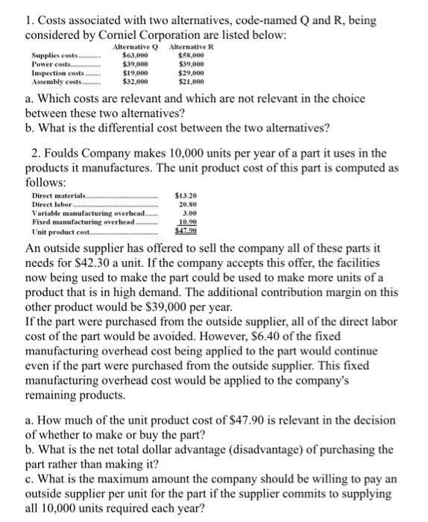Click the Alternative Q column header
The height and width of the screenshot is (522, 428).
pos(136,47)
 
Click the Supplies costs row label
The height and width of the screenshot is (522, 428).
pos(54,56)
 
